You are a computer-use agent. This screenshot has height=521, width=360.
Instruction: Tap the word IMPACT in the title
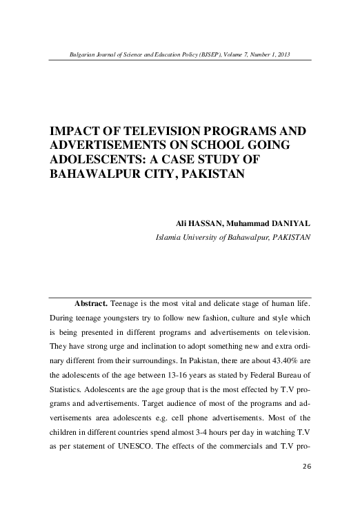73,130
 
